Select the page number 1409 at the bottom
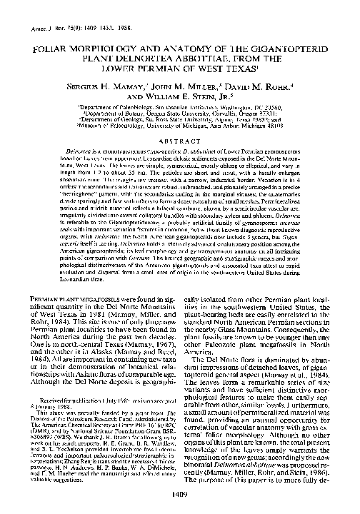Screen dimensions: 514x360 click(x=179, y=498)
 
